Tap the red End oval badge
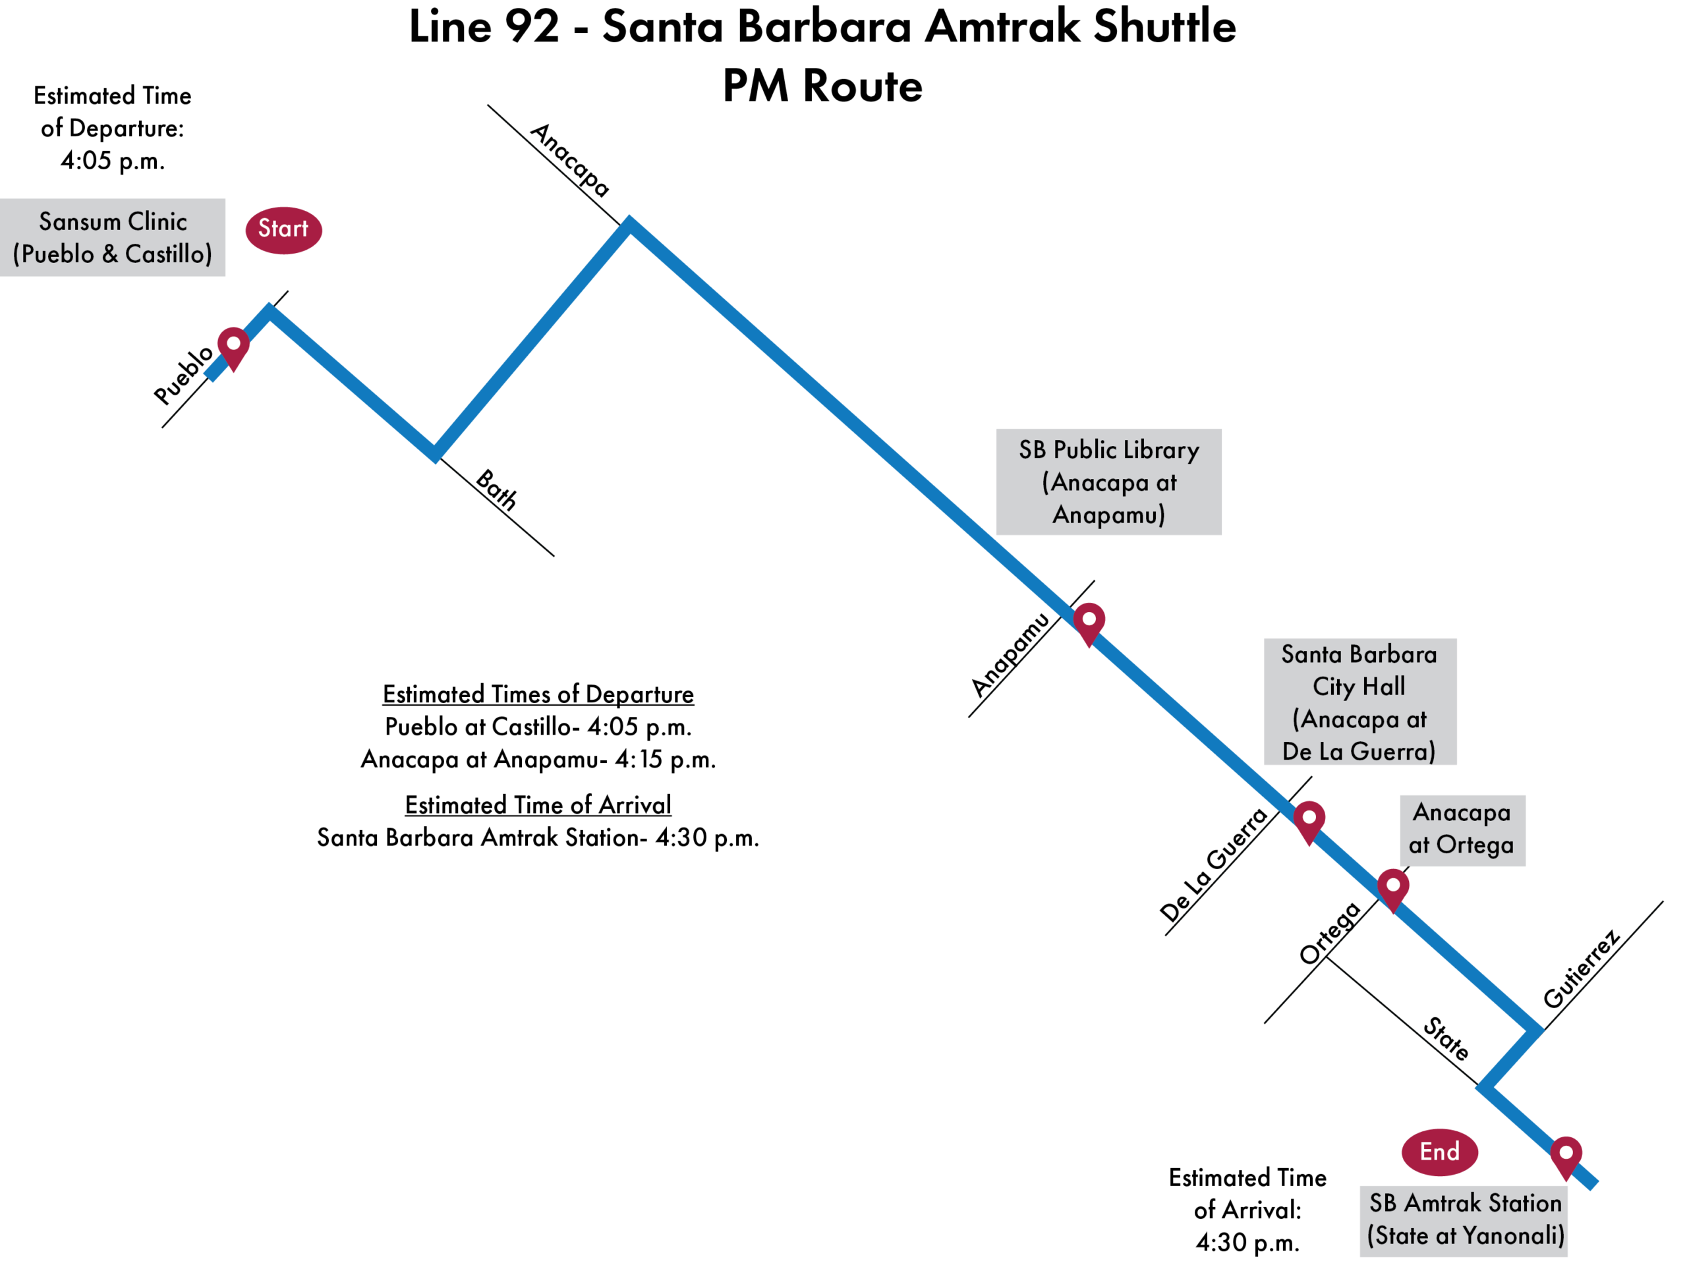1439,1151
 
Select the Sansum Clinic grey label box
112,237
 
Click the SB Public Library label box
1108,482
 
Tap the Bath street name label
496,490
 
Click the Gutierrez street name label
1581,968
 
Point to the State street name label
1445,1038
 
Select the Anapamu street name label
1010,655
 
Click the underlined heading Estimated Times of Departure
538,694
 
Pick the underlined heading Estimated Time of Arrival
538,804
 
